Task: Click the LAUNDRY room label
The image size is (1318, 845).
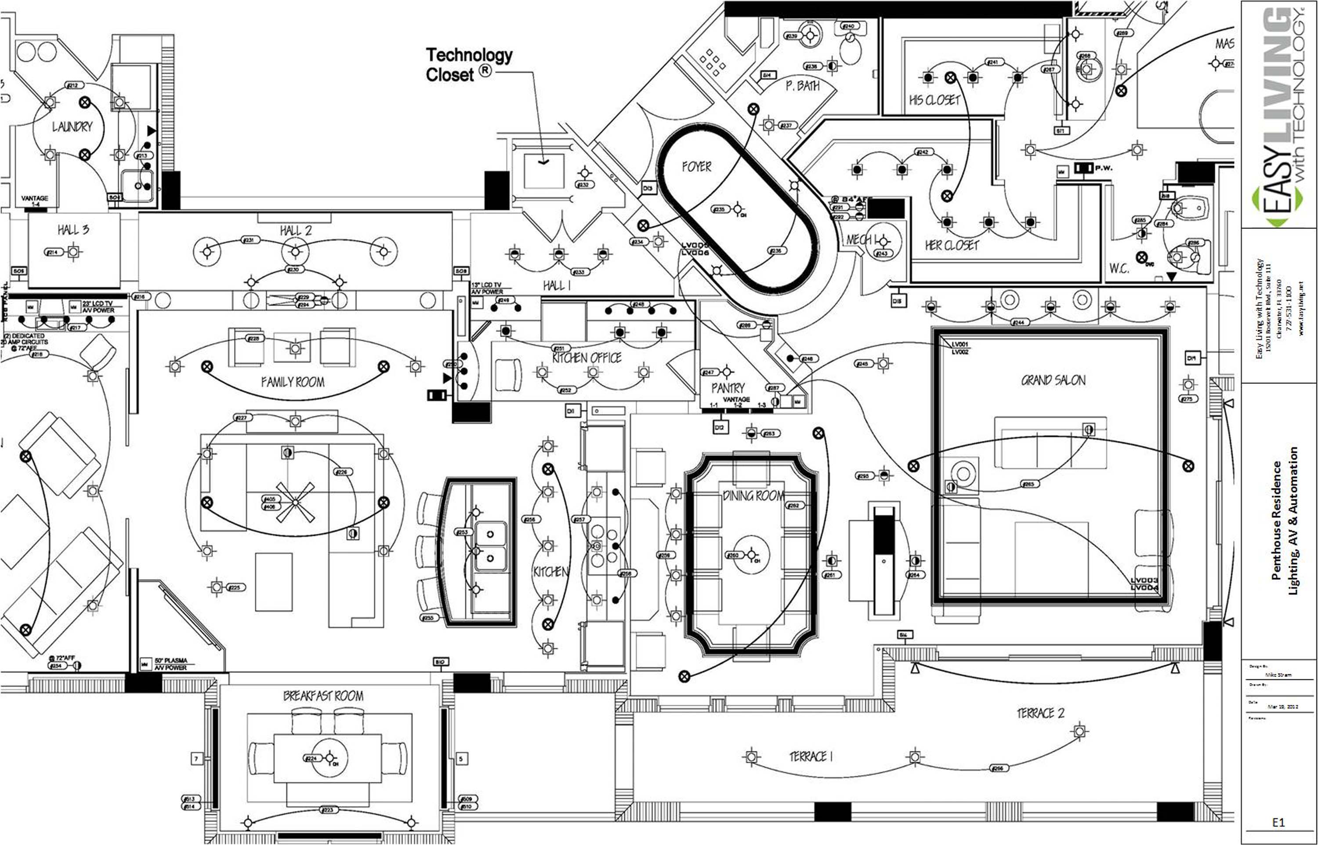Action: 72,127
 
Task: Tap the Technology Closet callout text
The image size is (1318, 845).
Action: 469,65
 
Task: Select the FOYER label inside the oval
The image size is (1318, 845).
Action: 696,166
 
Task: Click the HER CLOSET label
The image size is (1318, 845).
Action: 952,245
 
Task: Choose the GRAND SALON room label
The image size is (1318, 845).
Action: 1053,380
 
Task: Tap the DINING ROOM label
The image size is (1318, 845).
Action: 753,496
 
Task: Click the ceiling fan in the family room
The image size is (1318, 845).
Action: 295,502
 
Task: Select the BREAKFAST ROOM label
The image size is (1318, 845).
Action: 323,696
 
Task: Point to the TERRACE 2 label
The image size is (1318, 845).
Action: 1040,713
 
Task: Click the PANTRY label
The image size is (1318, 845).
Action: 728,388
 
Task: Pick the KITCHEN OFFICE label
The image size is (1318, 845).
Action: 587,358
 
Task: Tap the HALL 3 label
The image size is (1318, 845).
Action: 73,229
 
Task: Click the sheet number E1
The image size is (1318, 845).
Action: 1278,822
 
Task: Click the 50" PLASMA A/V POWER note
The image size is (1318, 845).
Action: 170,664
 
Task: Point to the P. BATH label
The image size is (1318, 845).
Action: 802,86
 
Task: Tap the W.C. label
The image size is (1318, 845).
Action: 1119,268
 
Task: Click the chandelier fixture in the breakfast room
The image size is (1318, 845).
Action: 329,758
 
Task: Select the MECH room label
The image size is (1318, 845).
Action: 858,240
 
